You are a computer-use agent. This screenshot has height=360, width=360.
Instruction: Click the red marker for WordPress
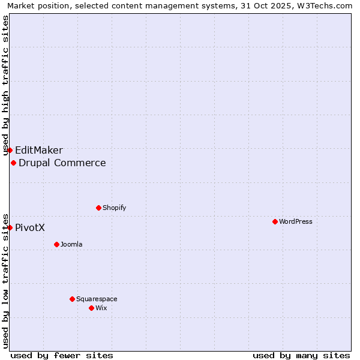point(275,221)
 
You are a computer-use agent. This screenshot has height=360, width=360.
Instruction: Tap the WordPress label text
point(296,221)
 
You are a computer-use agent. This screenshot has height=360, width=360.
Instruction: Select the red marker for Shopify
point(98,208)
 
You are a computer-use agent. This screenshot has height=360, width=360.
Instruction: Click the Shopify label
point(115,208)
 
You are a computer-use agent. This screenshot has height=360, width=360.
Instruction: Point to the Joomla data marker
point(56,244)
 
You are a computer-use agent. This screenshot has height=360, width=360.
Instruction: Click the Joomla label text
point(71,244)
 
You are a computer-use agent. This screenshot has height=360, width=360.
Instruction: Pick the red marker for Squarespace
point(72,299)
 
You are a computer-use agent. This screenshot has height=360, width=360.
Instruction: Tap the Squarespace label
point(97,299)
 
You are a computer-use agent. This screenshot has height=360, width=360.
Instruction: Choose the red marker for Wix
point(91,308)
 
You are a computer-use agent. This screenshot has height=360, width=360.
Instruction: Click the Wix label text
point(101,308)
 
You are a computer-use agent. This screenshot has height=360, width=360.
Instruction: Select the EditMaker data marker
point(10,150)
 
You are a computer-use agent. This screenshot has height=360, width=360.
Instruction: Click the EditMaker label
point(39,151)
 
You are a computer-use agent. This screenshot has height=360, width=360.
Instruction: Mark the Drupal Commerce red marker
point(13,163)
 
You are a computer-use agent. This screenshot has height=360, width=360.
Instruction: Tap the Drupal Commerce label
point(62,163)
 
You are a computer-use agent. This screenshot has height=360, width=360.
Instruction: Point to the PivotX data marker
point(10,227)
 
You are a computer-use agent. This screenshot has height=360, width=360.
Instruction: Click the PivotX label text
point(30,228)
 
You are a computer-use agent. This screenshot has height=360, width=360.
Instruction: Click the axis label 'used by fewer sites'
point(62,355)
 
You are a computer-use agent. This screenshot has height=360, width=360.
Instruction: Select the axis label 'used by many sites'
point(301,355)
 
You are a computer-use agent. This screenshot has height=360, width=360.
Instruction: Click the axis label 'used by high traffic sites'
point(5,85)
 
